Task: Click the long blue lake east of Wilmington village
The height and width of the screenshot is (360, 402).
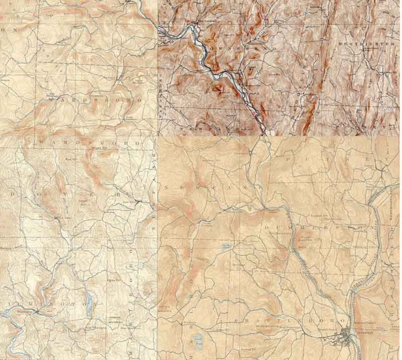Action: pos(88,299)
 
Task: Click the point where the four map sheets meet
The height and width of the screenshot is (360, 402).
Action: pos(158,135)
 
